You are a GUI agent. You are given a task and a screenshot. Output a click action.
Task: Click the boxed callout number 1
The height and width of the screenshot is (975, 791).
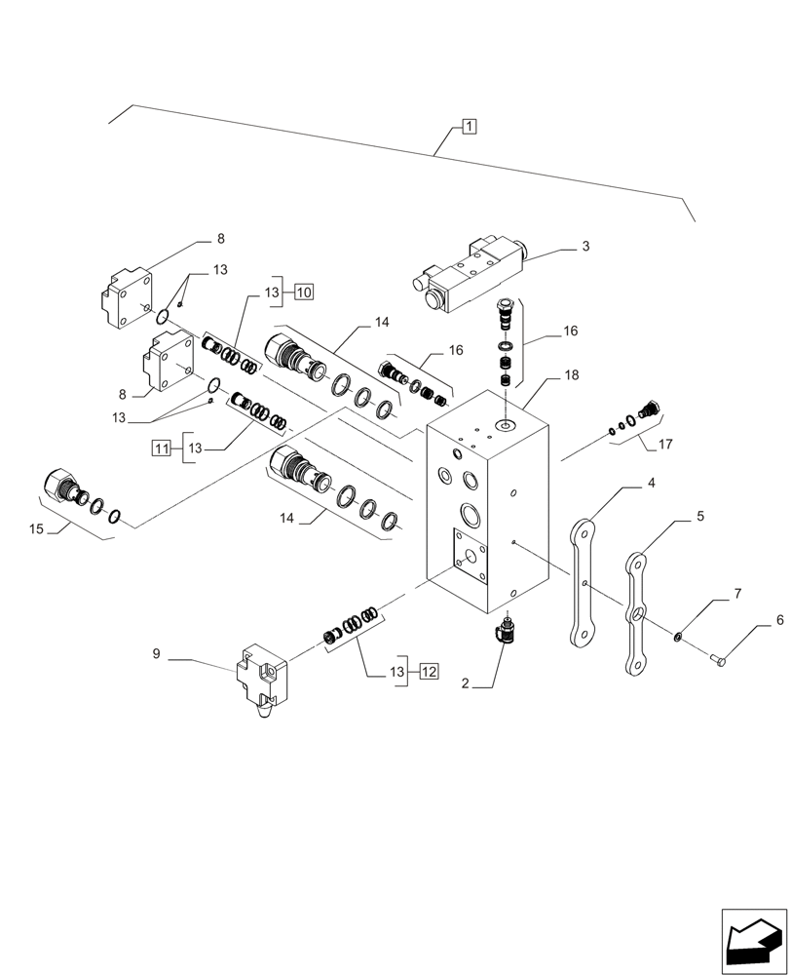[x=469, y=126]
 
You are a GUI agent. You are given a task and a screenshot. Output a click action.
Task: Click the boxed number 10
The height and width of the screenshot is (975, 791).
[x=303, y=292]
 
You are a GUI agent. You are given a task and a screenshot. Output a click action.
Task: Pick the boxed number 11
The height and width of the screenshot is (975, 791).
[x=162, y=448]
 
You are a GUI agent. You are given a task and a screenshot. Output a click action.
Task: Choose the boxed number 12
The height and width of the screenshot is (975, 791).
[x=431, y=671]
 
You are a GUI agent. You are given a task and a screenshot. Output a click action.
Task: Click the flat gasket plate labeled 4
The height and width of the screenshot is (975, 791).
[x=584, y=585]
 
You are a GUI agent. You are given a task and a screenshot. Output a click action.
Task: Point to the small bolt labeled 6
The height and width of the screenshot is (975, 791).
[x=720, y=662]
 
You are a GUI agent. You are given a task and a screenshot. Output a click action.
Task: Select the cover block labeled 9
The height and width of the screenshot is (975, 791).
[x=258, y=682]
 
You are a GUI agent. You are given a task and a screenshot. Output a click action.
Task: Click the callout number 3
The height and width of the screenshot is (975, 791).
[x=584, y=247]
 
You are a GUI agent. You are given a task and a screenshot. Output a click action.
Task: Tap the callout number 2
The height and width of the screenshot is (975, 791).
[x=466, y=685]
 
